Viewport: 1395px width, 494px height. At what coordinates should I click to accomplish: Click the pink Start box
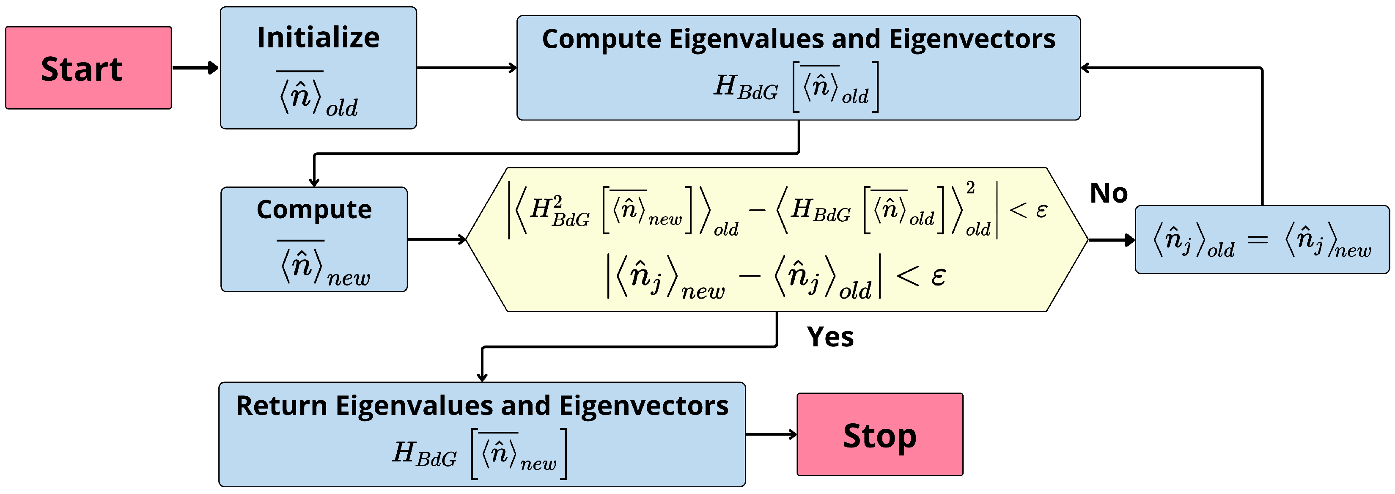click(x=88, y=68)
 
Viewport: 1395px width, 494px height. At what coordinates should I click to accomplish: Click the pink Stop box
click(x=879, y=434)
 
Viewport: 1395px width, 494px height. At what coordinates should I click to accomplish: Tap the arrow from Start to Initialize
click(x=195, y=68)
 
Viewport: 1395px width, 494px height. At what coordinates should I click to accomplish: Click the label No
click(x=1109, y=193)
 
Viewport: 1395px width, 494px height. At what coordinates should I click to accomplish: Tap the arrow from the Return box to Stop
click(x=771, y=434)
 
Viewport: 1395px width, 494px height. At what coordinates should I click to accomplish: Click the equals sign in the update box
click(x=1258, y=239)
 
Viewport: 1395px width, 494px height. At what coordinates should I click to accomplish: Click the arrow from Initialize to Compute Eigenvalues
click(x=466, y=68)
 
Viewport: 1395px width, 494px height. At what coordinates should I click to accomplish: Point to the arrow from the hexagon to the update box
click(x=1111, y=239)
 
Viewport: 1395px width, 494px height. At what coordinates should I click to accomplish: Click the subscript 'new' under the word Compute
click(x=348, y=278)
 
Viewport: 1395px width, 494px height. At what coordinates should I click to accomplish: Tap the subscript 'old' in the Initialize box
click(x=342, y=108)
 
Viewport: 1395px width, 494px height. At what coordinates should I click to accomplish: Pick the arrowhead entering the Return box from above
click(x=482, y=376)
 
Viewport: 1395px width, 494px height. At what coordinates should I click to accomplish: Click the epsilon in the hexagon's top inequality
click(x=1041, y=210)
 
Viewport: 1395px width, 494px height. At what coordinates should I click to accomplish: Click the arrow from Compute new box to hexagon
click(x=436, y=239)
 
